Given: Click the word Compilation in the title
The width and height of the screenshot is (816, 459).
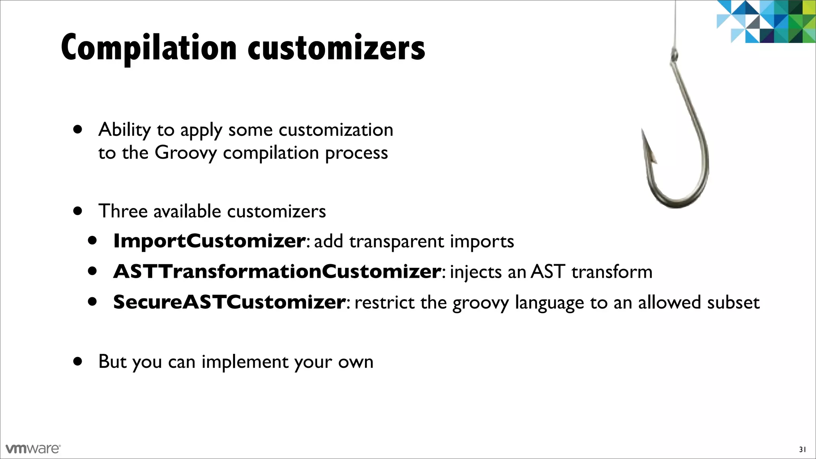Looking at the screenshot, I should [x=149, y=48].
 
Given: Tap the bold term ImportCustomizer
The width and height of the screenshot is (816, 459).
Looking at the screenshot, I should [x=209, y=241].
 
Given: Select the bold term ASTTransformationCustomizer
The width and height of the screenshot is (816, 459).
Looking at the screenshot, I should [x=277, y=271].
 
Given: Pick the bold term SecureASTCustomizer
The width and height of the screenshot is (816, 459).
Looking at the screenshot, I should [x=229, y=302].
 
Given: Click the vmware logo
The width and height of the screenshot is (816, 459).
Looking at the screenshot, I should [x=33, y=449].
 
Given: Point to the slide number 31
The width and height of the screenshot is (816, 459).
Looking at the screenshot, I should [x=802, y=450].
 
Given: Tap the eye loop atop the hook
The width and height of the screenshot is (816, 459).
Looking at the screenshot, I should [x=674, y=54].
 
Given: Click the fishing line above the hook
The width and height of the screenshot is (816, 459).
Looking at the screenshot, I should [x=675, y=24].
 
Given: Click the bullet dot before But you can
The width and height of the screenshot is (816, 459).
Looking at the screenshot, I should [x=78, y=361].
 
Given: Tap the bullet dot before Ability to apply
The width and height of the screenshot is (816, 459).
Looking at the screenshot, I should [x=78, y=129].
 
